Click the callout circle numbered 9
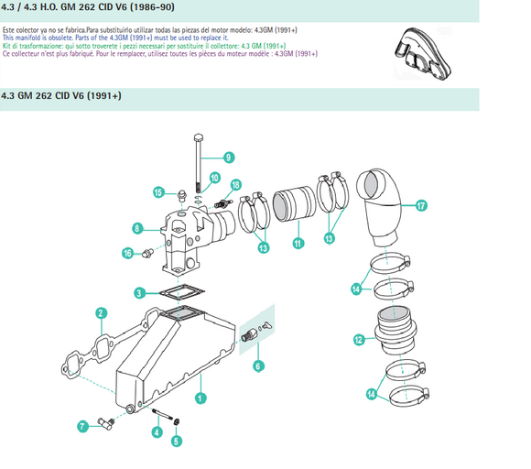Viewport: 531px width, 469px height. coord(228,156)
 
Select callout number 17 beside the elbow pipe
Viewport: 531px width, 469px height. coord(421,206)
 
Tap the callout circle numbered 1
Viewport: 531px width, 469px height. coord(200,398)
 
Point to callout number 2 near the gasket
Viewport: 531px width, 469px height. coord(100,313)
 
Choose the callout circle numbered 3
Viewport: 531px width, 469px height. coord(139,293)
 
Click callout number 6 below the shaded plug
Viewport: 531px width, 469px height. coord(257,365)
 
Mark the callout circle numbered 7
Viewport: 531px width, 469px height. coord(82,425)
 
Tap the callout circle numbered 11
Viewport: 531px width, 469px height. coord(297,244)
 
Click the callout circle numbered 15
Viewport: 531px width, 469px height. coord(158,192)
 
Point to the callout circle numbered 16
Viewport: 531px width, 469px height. coord(127,253)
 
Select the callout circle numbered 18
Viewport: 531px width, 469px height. coord(236,185)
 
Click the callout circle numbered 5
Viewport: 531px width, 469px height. coord(176,440)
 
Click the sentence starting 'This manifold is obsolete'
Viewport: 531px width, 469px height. coord(109,38)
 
